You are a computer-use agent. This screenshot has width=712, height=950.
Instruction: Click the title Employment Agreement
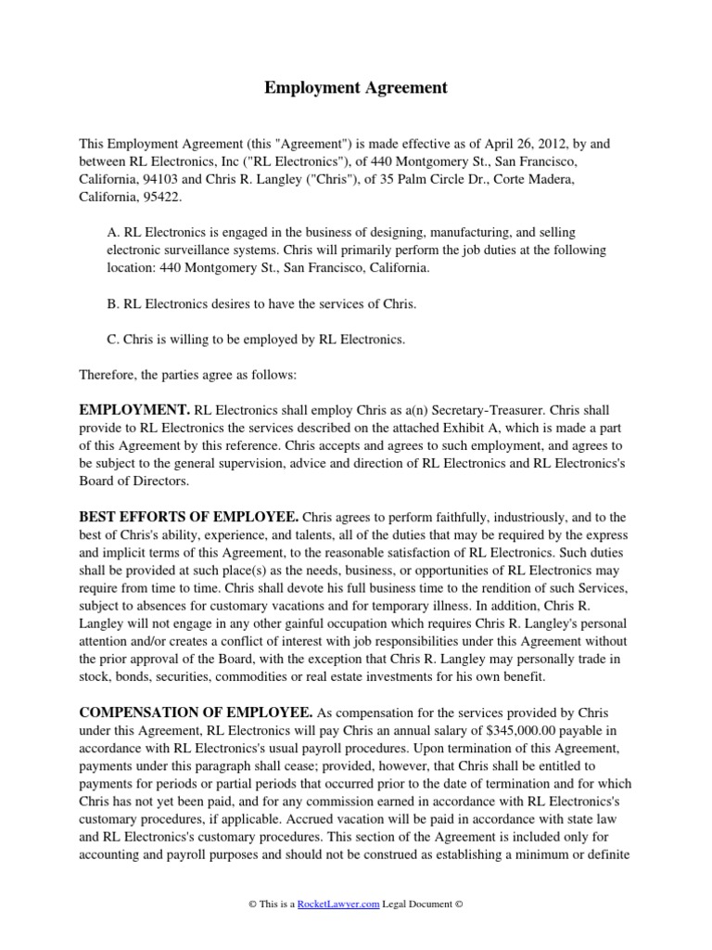(356, 88)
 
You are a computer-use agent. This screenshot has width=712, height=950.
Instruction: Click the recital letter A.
(112, 232)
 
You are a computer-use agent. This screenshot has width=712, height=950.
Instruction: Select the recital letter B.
(112, 304)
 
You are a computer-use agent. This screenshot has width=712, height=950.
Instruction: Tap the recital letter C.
(112, 340)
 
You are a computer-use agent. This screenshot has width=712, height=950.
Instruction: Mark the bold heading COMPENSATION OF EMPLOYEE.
(196, 712)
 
